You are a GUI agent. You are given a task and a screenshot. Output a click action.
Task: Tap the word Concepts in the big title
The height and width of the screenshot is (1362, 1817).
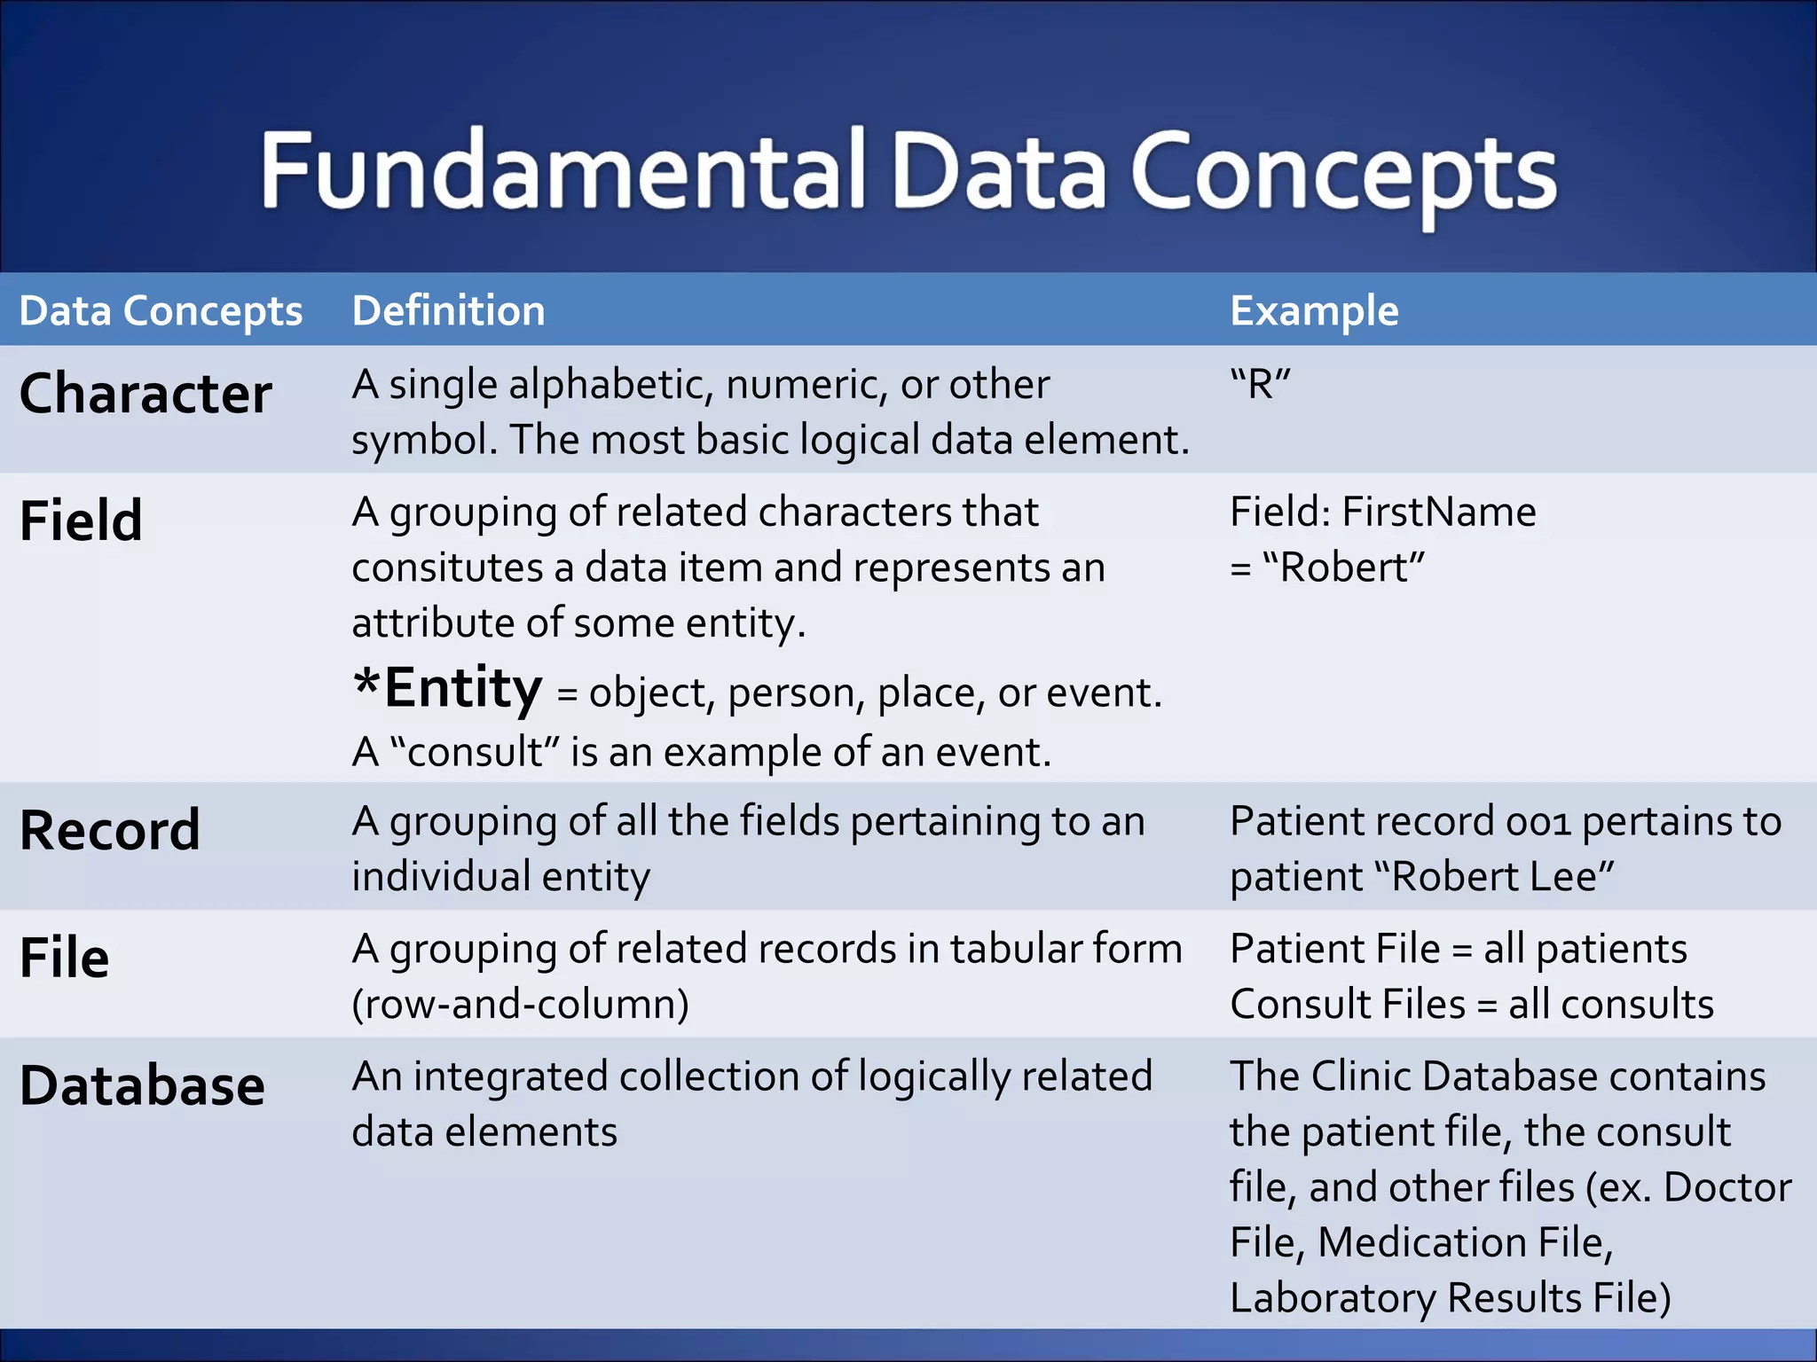(x=1343, y=174)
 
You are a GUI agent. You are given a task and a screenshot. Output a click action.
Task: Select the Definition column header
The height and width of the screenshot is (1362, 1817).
(x=448, y=311)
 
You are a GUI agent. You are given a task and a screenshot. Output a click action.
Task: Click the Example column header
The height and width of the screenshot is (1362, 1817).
(x=1314, y=311)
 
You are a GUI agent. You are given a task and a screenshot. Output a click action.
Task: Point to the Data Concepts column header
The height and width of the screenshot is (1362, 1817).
(x=161, y=311)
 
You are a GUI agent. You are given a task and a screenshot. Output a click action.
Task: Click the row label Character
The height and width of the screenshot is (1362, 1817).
(x=146, y=394)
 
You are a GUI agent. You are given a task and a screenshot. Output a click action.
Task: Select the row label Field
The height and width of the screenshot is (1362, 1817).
(x=81, y=521)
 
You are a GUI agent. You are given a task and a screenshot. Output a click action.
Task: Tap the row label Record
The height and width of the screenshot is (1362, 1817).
(x=110, y=831)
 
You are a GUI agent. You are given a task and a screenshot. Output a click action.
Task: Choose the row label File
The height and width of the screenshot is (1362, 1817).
(x=64, y=959)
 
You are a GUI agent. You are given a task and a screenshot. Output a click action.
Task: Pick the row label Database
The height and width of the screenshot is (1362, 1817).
(x=142, y=1086)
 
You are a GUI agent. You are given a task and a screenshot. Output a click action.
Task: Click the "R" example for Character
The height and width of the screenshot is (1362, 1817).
(x=1260, y=385)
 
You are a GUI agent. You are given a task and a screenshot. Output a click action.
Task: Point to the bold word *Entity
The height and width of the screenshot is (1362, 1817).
(x=447, y=688)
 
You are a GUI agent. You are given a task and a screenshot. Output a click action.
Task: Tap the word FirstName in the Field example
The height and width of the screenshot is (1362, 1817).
(x=1438, y=513)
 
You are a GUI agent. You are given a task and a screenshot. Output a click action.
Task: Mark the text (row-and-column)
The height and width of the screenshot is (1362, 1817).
(x=520, y=1005)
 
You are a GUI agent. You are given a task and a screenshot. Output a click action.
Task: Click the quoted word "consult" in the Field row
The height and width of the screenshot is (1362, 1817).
(x=475, y=752)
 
